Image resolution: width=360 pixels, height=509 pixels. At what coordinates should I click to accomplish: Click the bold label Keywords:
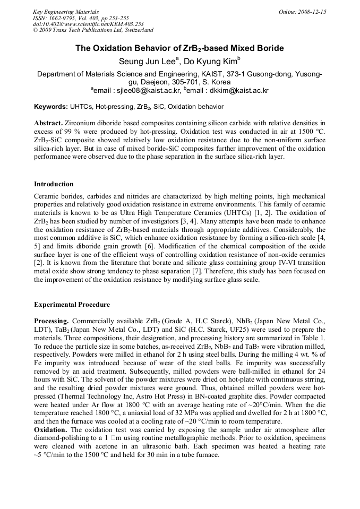(50, 107)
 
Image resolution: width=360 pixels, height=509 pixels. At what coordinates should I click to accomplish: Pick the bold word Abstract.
(49, 122)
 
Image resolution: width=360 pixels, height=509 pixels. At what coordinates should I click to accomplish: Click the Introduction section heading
(54, 184)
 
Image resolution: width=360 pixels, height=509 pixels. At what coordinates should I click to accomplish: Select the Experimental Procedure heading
(72, 305)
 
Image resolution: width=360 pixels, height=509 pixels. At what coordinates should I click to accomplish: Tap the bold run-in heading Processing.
(51, 322)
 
